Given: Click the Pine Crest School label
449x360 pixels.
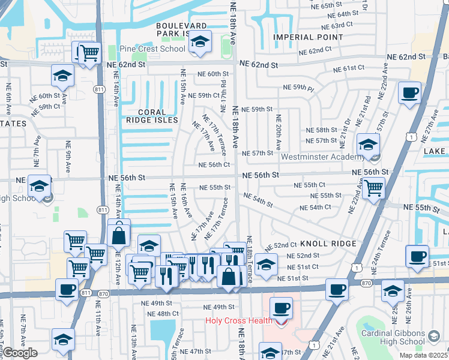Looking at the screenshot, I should click(152, 49).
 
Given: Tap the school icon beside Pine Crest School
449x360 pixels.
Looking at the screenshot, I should click(202, 42).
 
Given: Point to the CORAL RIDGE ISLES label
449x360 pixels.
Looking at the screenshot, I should click(158, 116).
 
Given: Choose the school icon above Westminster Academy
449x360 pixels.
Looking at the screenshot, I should click(368, 144).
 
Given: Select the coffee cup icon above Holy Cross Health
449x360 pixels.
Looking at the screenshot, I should click(280, 308).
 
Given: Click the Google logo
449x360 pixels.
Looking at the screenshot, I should click(20, 353).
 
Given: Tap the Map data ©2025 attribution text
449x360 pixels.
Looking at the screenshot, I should click(423, 355).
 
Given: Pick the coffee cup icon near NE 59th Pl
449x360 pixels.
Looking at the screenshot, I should click(410, 93).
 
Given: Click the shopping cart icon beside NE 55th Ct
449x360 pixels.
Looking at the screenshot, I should click(373, 188).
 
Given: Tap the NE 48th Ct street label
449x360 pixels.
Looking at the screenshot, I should click(159, 314).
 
